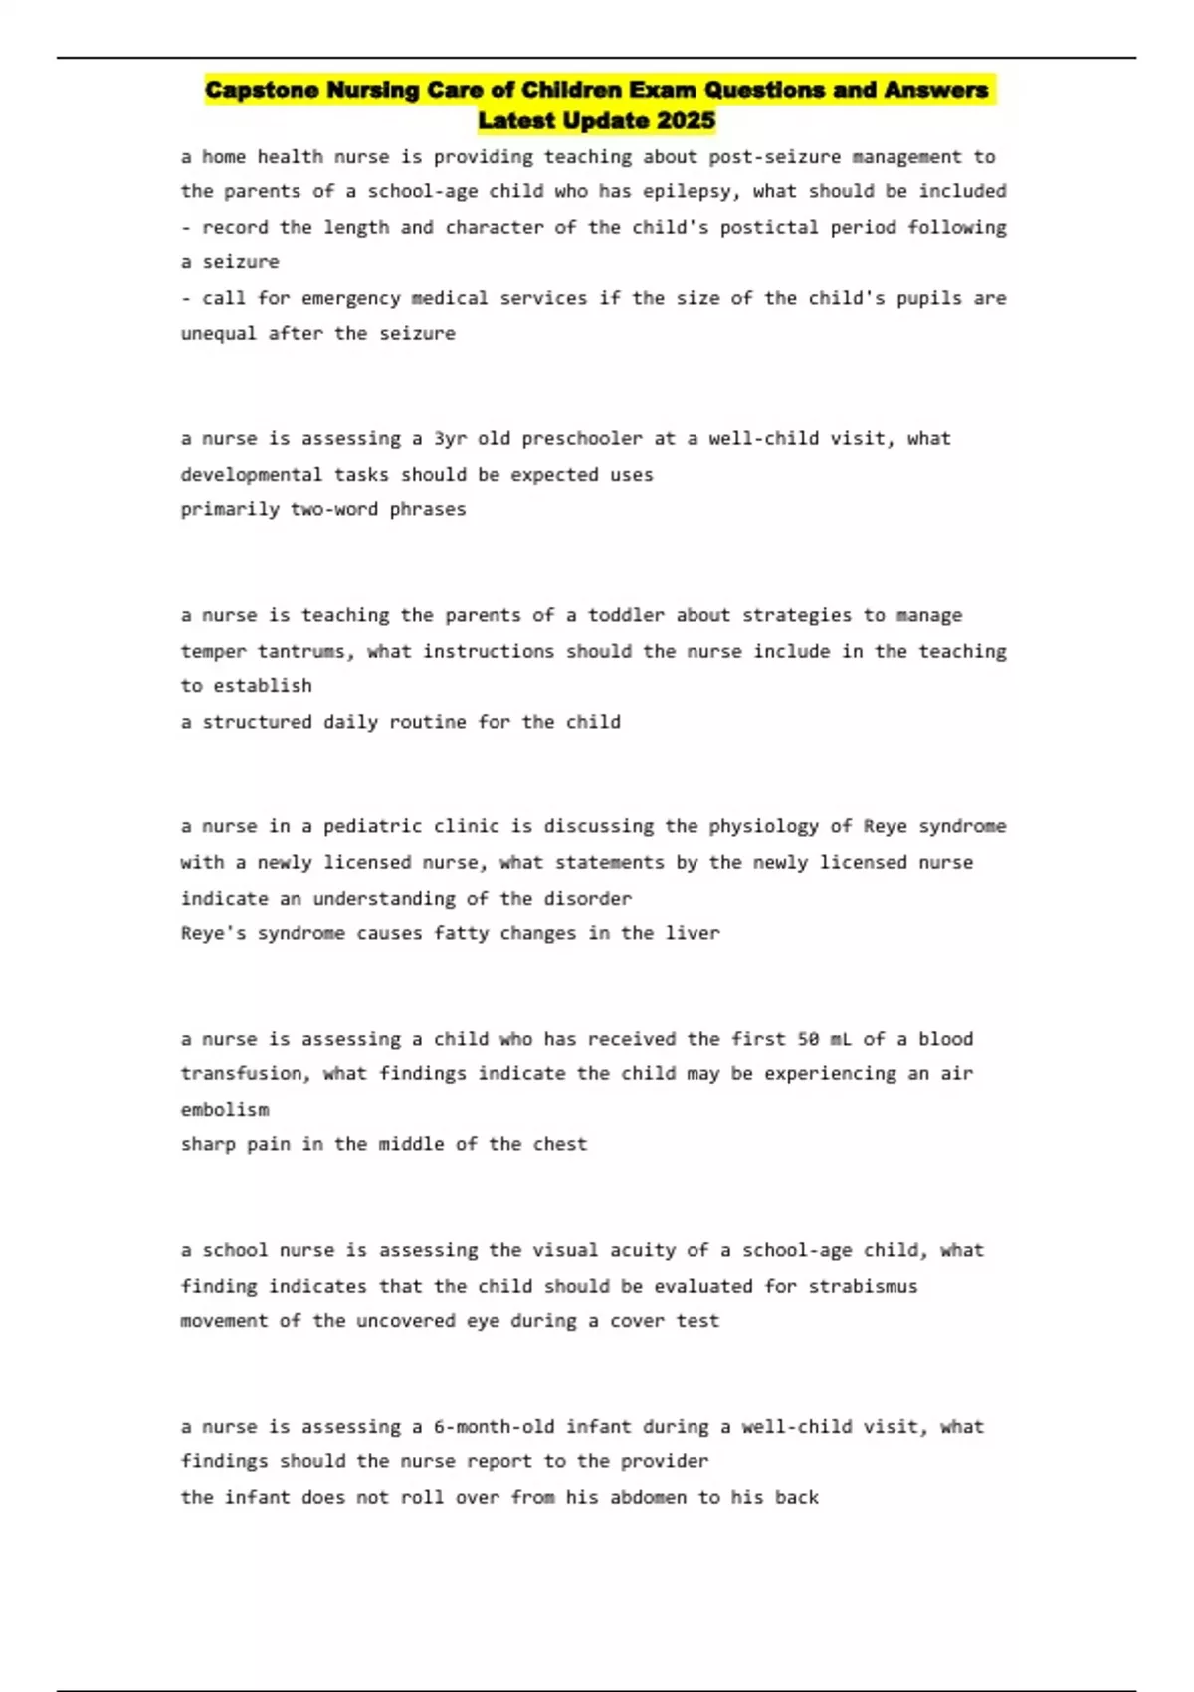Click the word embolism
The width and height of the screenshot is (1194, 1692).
coord(225,1109)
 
